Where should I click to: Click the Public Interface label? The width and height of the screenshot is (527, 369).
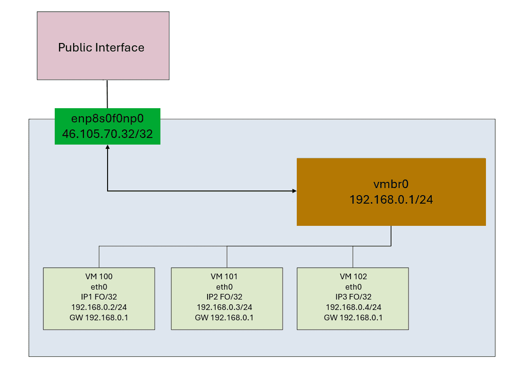(x=101, y=48)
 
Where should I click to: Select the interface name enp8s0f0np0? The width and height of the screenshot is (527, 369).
(x=107, y=120)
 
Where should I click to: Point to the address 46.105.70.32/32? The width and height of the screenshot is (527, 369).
(x=107, y=134)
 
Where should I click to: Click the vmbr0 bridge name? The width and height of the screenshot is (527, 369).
(x=391, y=185)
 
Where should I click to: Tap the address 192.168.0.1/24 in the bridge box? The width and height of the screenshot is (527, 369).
(x=391, y=200)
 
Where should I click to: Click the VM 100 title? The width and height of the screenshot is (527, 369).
(x=99, y=276)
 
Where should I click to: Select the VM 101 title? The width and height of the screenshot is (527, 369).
(x=227, y=276)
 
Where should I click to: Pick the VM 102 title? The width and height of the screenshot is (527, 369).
(x=353, y=276)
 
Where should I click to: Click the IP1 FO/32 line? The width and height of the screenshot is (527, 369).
(x=99, y=297)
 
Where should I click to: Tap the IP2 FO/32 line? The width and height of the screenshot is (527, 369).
(x=227, y=297)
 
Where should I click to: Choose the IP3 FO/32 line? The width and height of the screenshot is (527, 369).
(x=353, y=297)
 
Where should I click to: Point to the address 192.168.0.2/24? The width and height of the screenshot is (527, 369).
(x=99, y=307)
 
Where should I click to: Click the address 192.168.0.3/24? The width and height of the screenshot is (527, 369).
(x=227, y=307)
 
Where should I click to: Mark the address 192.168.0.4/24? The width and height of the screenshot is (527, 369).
(x=353, y=307)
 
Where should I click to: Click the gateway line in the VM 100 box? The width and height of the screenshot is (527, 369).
(x=99, y=318)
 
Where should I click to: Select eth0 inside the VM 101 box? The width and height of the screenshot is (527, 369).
(x=227, y=287)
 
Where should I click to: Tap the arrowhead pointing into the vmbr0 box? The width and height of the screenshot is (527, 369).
(x=294, y=191)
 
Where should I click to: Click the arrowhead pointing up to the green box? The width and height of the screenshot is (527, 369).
(x=108, y=147)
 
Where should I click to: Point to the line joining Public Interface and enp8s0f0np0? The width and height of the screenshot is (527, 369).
(x=108, y=94)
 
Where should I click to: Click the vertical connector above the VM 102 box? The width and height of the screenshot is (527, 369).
(x=353, y=257)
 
